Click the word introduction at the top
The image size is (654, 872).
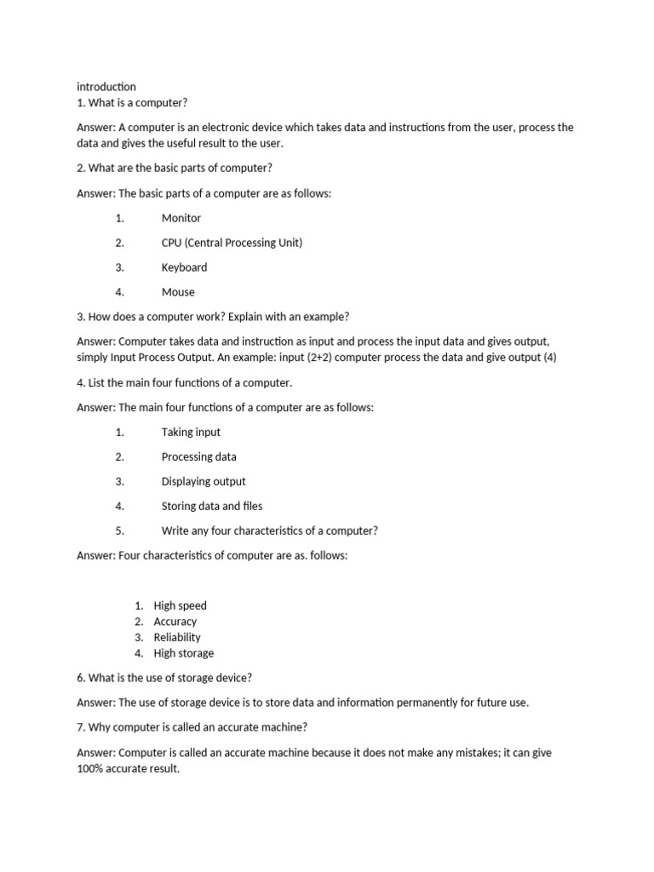click(x=106, y=87)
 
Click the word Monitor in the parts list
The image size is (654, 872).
click(x=181, y=218)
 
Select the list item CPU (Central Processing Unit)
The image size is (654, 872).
click(x=232, y=243)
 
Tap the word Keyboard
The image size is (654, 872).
click(x=184, y=267)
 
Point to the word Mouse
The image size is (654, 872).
click(x=178, y=292)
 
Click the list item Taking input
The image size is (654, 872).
click(x=191, y=432)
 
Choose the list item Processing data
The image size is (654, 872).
click(x=199, y=456)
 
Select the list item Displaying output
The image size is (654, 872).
click(x=204, y=481)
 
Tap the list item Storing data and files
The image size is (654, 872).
click(x=212, y=506)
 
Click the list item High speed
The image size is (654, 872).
click(x=180, y=605)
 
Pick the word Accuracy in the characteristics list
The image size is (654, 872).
click(x=175, y=622)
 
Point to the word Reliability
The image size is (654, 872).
click(x=177, y=637)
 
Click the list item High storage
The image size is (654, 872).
click(x=183, y=653)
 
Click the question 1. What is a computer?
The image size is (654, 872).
click(x=132, y=103)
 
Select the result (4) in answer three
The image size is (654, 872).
click(x=548, y=358)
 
